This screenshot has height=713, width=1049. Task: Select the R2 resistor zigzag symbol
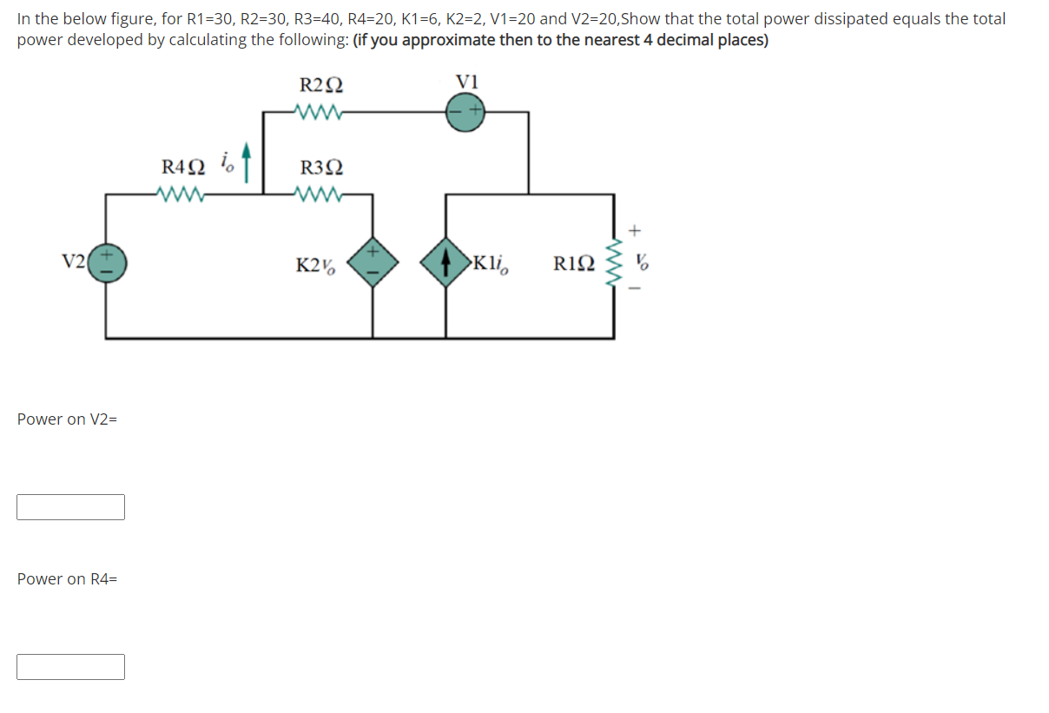[x=320, y=112]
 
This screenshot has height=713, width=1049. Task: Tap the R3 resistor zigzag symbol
[x=320, y=194]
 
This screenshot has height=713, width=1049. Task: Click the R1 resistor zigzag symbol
[x=616, y=262]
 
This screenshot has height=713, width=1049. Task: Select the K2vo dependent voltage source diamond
[x=373, y=262]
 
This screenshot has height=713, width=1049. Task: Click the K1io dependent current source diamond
[x=445, y=262]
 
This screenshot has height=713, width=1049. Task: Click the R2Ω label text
[x=320, y=85]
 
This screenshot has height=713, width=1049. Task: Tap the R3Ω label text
[x=320, y=167]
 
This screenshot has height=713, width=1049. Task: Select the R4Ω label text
[x=183, y=166]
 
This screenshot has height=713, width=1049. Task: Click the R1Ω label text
[x=574, y=263]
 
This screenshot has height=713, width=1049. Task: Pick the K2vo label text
[x=313, y=264]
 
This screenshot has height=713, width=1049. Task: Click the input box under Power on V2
[x=70, y=507]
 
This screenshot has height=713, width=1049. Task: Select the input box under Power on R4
[x=70, y=667]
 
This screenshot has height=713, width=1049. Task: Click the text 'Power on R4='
[x=67, y=579]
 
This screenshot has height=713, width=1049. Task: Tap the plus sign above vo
[x=636, y=231]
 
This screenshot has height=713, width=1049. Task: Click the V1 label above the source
[x=467, y=82]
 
